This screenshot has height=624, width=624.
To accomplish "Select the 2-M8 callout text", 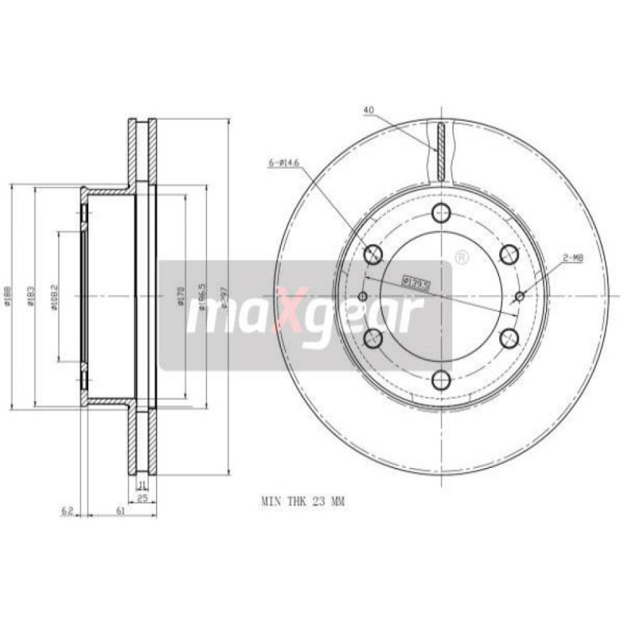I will [x=573, y=257].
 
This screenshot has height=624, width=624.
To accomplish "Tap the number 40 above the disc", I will [x=369, y=110].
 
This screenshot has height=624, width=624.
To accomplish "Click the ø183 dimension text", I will [x=32, y=296].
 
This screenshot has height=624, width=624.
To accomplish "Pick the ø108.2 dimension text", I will [x=55, y=297].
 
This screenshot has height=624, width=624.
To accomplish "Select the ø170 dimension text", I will [x=181, y=297].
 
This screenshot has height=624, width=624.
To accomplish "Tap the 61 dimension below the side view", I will [x=120, y=511].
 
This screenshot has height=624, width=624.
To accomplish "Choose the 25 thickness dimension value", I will [x=143, y=497].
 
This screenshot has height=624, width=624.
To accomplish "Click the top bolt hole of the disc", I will [x=442, y=212].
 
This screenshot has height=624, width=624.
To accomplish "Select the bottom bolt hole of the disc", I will [x=442, y=380].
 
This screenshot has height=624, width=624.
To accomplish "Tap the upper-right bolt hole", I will [x=510, y=253].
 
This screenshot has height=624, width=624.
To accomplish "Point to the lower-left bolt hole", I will [x=373, y=338].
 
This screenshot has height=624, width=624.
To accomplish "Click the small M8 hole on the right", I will [x=520, y=296].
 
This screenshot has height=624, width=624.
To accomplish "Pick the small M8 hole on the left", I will [x=363, y=296].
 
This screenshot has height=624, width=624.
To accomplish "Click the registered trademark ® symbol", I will [x=461, y=256].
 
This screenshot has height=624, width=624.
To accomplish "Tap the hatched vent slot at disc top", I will [x=441, y=151].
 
